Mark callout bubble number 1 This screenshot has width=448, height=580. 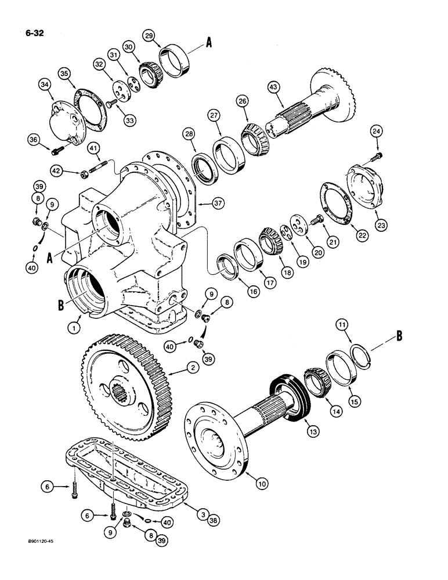pyautogui.click(x=74, y=328)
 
